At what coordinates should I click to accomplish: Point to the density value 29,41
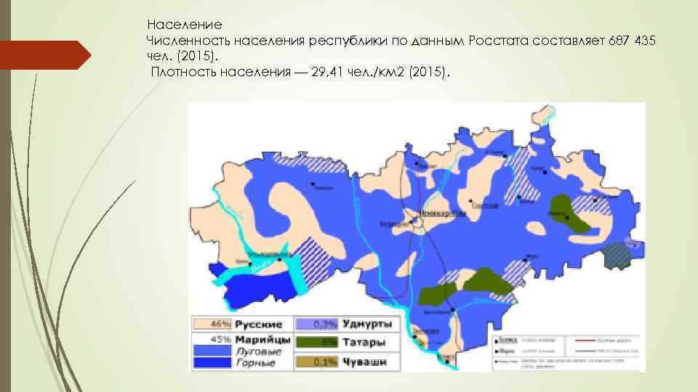[329, 73]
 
